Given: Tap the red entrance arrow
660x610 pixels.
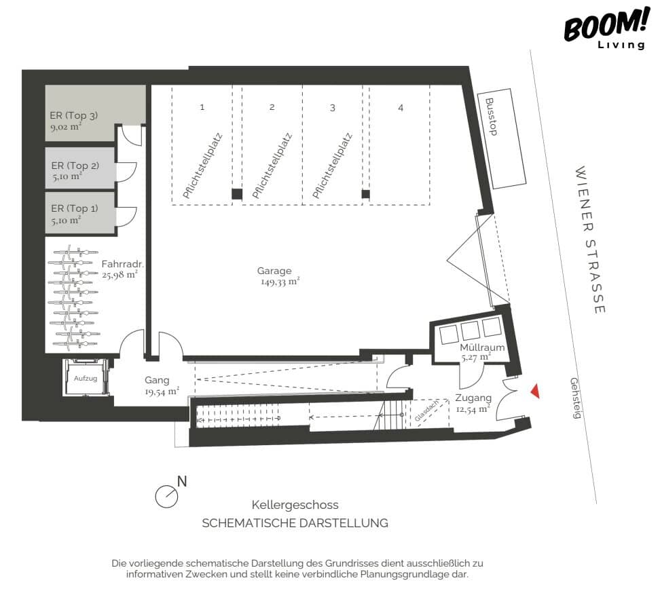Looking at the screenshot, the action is coord(535,392).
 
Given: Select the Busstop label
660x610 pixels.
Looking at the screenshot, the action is coord(491,117).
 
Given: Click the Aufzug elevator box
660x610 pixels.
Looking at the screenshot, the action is coord(86,377).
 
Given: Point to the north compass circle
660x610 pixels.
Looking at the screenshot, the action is coord(166,497).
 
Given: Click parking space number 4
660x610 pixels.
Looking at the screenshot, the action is coord(401,108).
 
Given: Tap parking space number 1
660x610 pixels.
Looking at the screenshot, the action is coord(202,107).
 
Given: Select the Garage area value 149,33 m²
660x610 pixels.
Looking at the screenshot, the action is coord(280,282).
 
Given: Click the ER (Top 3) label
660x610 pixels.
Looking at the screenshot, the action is coord(73,115).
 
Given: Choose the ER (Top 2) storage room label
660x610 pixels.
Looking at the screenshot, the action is coord(75,166).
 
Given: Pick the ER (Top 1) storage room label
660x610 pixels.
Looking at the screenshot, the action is coord(75,208).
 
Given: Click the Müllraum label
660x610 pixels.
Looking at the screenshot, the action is coord(482,347).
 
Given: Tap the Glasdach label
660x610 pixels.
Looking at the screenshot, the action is coord(426,411).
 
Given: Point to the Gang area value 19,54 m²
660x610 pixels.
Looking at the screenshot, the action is coord(162,392).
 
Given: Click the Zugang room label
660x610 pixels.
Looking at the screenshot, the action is coord(473,398).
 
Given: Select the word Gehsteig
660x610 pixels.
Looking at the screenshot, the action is coord(575,398).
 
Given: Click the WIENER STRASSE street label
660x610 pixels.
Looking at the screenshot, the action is coord(590,240).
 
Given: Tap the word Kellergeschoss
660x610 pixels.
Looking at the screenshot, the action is coord(295,505).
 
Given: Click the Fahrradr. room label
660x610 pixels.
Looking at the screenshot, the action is coord(122,264).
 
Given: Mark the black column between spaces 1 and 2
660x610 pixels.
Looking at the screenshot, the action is coord(237,194).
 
